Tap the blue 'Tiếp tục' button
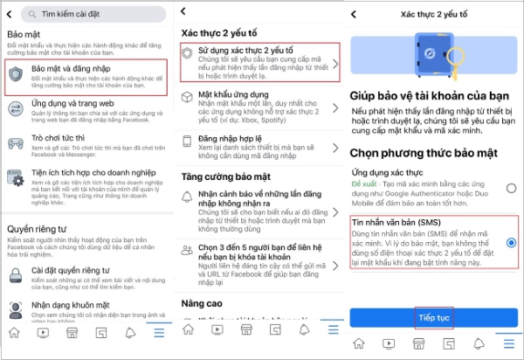(433, 317)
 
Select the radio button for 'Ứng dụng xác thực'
(510, 188)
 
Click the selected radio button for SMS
(510, 242)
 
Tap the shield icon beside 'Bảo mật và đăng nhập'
(17, 73)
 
